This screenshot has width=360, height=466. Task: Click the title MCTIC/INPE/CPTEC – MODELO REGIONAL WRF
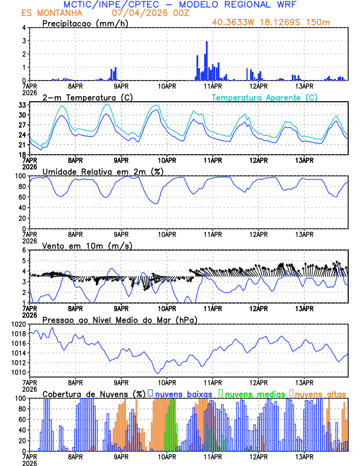click(180, 5)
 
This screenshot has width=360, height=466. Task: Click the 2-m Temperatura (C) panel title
click(82, 97)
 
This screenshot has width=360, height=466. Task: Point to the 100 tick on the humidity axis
click(20, 176)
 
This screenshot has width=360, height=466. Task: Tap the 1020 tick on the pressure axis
click(18, 324)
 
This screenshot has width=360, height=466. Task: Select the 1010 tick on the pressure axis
click(18, 372)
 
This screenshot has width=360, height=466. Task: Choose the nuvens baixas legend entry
click(182, 393)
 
